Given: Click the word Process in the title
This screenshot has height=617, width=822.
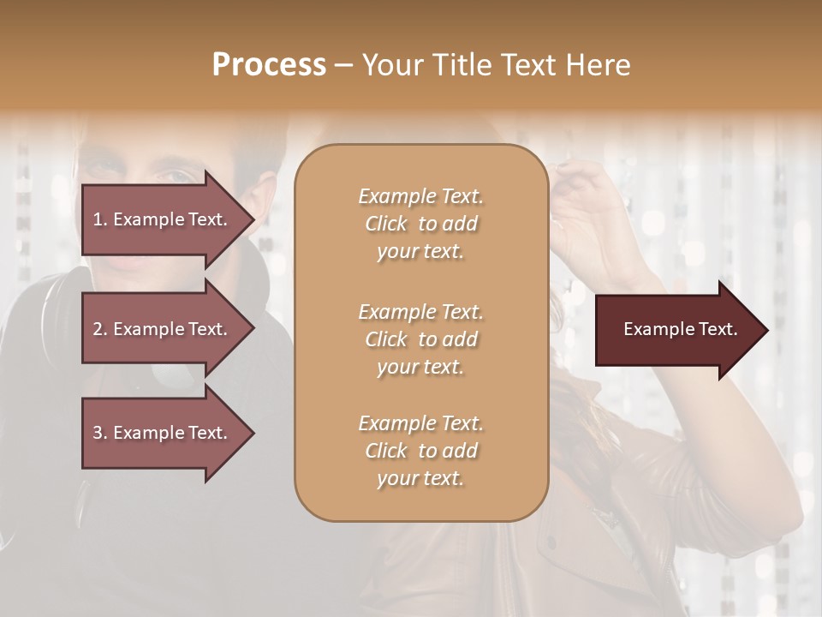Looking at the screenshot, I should pos(269,64).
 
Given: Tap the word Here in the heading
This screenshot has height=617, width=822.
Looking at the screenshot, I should pos(599,64).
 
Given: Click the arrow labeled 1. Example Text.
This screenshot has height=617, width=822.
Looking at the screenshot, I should pos(163,219).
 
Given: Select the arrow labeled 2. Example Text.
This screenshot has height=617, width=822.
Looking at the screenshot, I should pos(163,329).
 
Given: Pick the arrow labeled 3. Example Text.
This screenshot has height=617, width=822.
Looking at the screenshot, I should pos(163,433).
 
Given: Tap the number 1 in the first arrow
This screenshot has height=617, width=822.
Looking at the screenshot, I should pos(98,219).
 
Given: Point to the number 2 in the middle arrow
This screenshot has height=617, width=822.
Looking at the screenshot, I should pos(98,329).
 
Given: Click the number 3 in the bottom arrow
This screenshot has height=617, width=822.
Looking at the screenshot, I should pos(98,433).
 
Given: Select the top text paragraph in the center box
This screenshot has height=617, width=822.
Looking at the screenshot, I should pos(420,224).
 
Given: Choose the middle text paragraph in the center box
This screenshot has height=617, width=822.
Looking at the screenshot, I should pos(420,339).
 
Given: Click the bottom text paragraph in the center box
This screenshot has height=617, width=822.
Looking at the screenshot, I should pos(420,451).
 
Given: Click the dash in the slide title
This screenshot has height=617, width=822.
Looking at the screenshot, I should pos(344,65).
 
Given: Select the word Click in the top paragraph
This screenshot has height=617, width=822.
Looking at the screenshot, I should pos(386,224).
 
